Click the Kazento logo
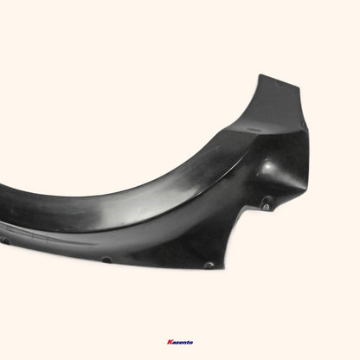(180, 342)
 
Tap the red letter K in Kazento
(166, 342)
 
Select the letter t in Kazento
(188, 342)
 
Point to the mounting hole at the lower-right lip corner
(209, 265)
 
